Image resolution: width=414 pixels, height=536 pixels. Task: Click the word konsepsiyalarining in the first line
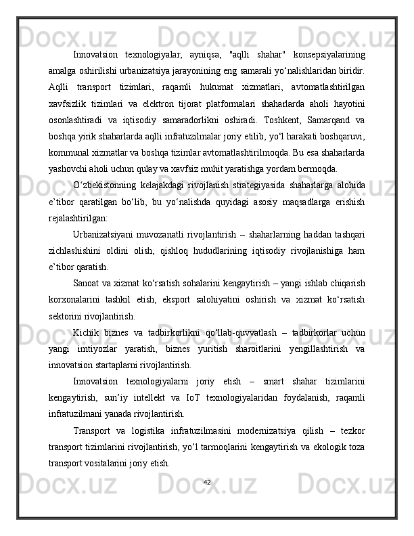pyautogui.click(x=327, y=54)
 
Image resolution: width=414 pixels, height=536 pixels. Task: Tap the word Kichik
pyautogui.click(x=87, y=332)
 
